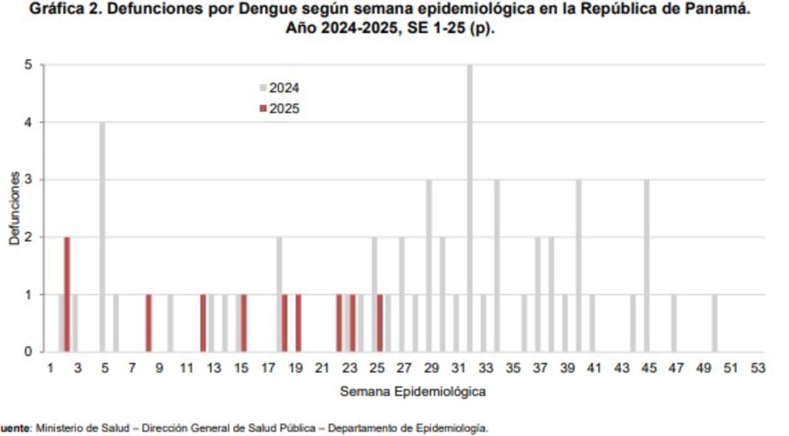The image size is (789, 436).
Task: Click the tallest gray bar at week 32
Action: point(469,208)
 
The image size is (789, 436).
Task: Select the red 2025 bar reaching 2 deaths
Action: point(67,294)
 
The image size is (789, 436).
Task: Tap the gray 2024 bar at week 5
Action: point(103,236)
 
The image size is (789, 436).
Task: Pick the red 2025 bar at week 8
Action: point(149,323)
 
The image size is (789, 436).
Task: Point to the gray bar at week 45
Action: point(647,265)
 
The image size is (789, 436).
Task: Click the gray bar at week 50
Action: point(715,323)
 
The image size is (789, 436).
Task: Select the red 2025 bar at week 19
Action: point(299,323)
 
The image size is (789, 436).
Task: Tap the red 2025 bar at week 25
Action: point(380,323)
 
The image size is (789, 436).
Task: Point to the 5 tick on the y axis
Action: point(30,65)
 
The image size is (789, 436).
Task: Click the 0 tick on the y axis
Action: point(30,352)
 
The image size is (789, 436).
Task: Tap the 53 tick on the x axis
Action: point(757,369)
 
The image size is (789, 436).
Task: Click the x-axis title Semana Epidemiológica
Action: point(413,392)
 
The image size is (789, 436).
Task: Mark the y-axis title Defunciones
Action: point(14,209)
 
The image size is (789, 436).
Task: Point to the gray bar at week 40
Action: point(579,265)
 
